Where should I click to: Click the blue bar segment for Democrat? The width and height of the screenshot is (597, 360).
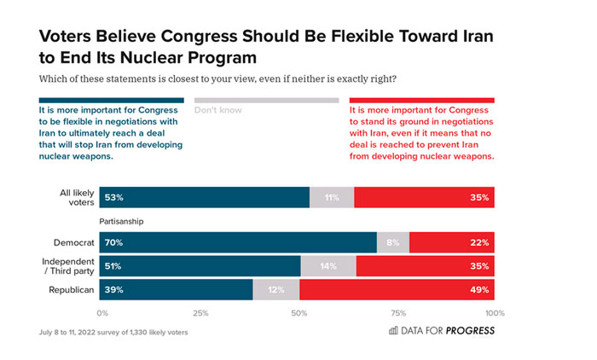point(238,242)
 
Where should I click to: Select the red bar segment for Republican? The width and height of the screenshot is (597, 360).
point(397,290)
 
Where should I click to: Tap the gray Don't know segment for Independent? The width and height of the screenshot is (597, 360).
point(327,266)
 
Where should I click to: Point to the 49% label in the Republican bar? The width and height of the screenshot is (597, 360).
point(478,290)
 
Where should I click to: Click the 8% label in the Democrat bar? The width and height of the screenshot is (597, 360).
point(392,242)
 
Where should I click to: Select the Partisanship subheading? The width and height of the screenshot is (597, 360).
point(123,220)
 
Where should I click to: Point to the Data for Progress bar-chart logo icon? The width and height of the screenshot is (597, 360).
point(392,330)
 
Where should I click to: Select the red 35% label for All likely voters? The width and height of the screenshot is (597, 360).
point(478,198)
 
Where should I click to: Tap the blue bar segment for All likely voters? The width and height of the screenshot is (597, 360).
point(205,198)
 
